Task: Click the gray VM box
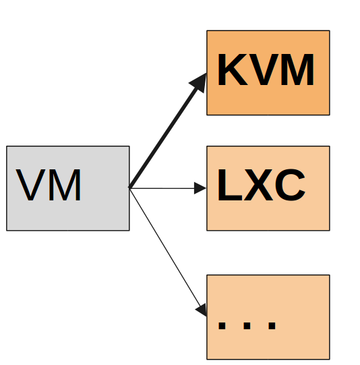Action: pyautogui.click(x=68, y=188)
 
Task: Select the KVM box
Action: pyautogui.click(x=268, y=73)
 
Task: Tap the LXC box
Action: pyautogui.click(x=268, y=188)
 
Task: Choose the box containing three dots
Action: pyautogui.click(x=268, y=317)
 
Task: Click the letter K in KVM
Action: pyautogui.click(x=233, y=69)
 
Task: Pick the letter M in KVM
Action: pyautogui.click(x=297, y=69)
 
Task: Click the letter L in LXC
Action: pyautogui.click(x=230, y=185)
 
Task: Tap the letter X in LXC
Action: pyautogui.click(x=258, y=185)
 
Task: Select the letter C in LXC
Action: pyautogui.click(x=290, y=185)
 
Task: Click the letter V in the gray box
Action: pyautogui.click(x=31, y=185)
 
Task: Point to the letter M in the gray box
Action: pyautogui.click(x=65, y=185)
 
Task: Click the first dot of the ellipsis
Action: pyautogui.click(x=222, y=326)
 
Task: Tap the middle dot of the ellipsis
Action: pyautogui.click(x=247, y=326)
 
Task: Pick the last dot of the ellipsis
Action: pyautogui.click(x=272, y=326)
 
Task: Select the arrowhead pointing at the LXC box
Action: pyautogui.click(x=200, y=188)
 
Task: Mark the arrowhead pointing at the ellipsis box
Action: pyautogui.click(x=202, y=310)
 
